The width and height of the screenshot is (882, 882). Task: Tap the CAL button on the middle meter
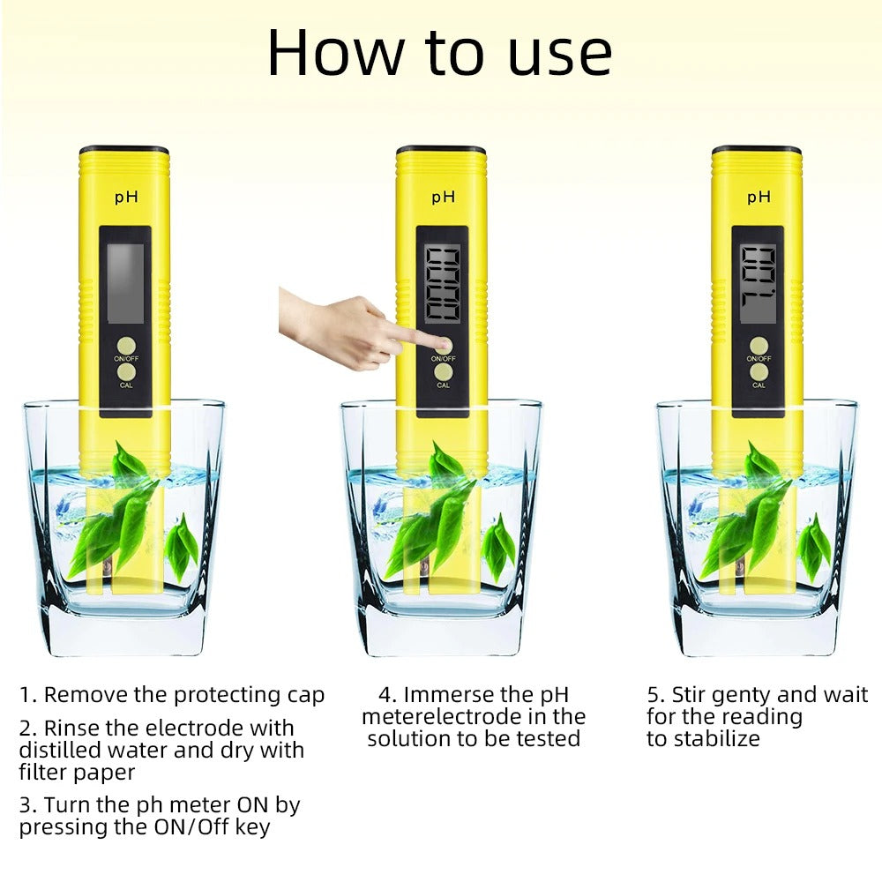(444, 372)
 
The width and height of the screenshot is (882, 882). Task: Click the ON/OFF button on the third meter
(759, 345)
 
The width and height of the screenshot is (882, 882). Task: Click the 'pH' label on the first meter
(125, 197)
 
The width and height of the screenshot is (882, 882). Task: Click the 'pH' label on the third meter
(759, 197)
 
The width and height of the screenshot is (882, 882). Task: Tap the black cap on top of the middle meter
(440, 150)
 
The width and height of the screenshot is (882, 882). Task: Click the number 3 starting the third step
(26, 805)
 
